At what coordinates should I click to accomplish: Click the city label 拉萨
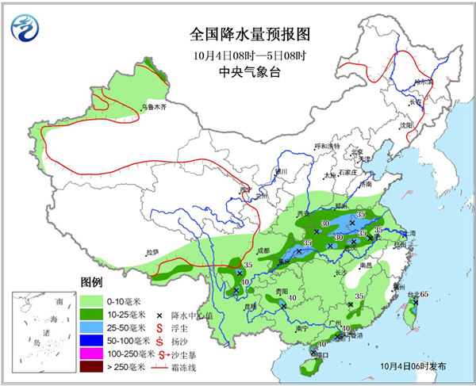(x=152, y=252)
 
